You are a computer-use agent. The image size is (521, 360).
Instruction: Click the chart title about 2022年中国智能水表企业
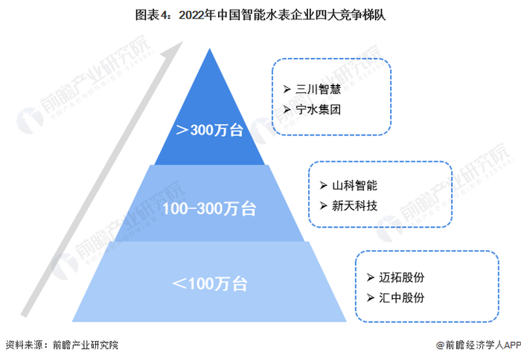pyautogui.click(x=260, y=13)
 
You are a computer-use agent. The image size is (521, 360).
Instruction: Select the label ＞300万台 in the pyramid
pyautogui.click(x=209, y=129)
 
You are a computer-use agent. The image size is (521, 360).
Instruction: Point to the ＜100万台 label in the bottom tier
pyautogui.click(x=209, y=283)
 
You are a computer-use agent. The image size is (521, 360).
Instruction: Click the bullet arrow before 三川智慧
pyautogui.click(x=287, y=90)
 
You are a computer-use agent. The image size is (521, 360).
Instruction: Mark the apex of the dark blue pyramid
pyautogui.click(x=209, y=49)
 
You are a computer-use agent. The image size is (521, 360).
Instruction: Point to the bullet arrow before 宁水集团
pyautogui.click(x=287, y=111)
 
